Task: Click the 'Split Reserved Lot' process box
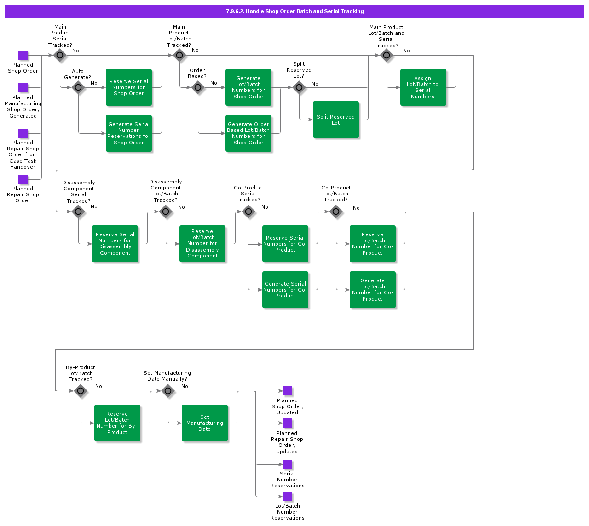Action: pos(335,120)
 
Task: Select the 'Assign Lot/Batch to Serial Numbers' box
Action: pos(423,87)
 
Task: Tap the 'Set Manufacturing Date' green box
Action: pos(204,423)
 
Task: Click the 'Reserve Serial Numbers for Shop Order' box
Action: pos(128,87)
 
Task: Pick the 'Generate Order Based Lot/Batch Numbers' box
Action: pos(248,133)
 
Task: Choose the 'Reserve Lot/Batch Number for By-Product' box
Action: pos(117,423)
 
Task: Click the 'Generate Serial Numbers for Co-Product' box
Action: pos(285,290)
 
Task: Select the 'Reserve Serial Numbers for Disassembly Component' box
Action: pos(115,244)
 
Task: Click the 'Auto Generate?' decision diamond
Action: pos(78,87)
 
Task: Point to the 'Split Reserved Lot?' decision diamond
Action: pos(299,87)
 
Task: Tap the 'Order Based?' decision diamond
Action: pos(198,87)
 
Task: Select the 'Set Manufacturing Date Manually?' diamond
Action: pos(168,391)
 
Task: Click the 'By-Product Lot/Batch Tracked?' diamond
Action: pos(81,391)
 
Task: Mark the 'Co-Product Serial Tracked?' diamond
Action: pos(248,212)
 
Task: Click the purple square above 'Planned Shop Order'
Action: pos(23,55)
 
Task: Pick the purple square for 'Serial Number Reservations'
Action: pos(288,464)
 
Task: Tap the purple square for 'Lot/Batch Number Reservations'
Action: pos(288,497)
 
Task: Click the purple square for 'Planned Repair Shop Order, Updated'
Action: pos(288,423)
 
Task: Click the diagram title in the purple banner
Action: pos(294,11)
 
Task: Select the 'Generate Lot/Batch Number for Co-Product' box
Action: pos(372,290)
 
